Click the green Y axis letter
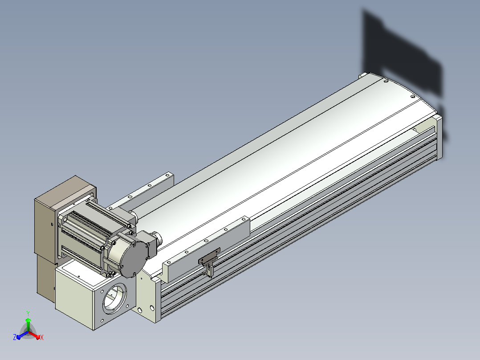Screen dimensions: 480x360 coord(28,313)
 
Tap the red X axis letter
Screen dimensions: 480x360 coord(42,337)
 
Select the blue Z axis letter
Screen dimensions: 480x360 coord(15,337)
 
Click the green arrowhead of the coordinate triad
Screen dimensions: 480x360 coord(28,320)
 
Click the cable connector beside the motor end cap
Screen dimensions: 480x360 coord(155,242)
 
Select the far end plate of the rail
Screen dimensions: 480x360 coord(439,137)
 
